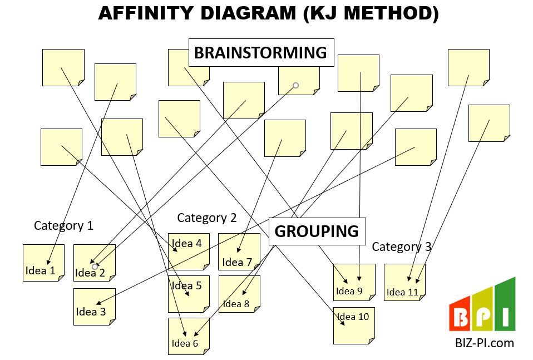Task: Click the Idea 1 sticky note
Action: [x=43, y=263]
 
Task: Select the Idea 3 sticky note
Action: [x=94, y=307]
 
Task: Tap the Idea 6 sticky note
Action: [x=189, y=336]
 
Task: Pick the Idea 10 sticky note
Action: [x=354, y=326]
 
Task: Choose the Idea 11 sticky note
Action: [x=404, y=282]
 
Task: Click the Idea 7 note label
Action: [x=237, y=262]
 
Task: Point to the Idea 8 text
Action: [x=236, y=304]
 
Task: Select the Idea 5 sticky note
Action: [x=189, y=294]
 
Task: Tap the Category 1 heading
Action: [x=63, y=225]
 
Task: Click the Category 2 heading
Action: [x=206, y=218]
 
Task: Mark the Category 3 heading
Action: [x=401, y=246]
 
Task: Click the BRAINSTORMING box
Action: [x=260, y=53]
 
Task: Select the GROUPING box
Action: [x=317, y=231]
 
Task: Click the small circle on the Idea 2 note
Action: [x=95, y=267]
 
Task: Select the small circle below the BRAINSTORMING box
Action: [x=296, y=85]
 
